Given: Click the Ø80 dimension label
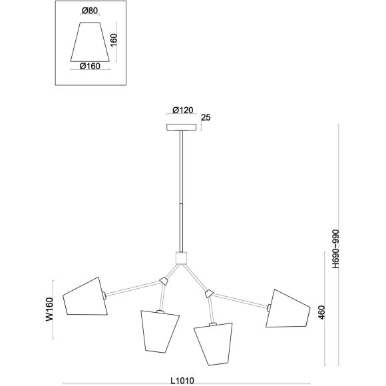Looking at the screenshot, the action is click(x=90, y=11).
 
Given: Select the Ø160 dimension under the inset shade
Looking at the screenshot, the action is click(x=90, y=66).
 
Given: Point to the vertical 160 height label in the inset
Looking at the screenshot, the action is click(x=114, y=40).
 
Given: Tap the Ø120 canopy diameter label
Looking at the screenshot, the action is click(x=182, y=110).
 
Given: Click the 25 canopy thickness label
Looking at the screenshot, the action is click(x=206, y=118).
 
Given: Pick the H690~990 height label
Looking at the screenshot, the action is click(x=335, y=249).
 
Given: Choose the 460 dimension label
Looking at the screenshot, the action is click(x=321, y=312).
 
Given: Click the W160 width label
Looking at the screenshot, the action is click(x=49, y=309).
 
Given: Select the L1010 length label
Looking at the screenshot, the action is click(x=182, y=381).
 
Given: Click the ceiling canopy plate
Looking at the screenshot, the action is click(x=182, y=127).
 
